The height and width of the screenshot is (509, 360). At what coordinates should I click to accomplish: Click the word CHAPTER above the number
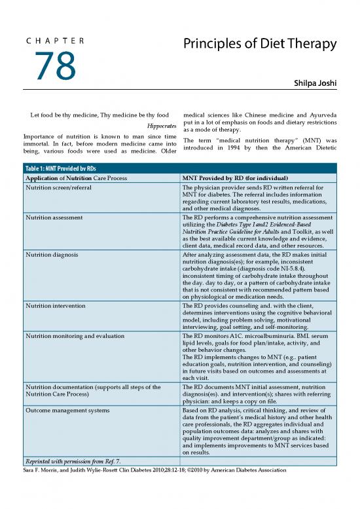55,41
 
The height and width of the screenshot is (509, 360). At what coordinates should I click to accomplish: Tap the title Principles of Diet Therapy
260,44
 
